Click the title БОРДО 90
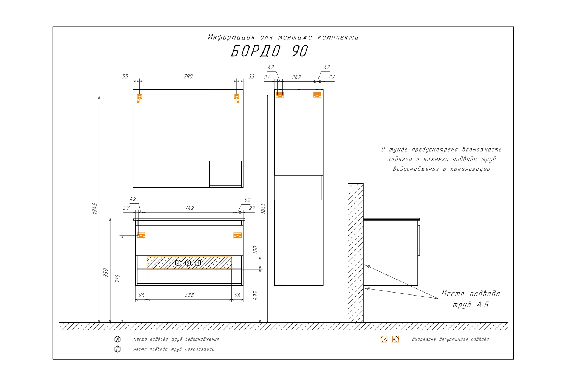(270, 51)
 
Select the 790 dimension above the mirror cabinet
(189, 76)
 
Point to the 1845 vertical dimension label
(95, 208)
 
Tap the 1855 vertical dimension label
(263, 208)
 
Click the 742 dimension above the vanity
(190, 208)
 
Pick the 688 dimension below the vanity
(189, 295)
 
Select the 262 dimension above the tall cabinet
(296, 77)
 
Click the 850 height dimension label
(106, 273)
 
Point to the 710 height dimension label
(117, 278)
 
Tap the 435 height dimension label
(255, 296)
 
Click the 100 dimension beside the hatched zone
(255, 249)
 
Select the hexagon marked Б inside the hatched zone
(188, 263)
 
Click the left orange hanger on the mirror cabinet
(139, 98)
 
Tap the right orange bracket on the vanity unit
(237, 235)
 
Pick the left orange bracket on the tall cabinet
(280, 95)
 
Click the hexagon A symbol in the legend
(117, 339)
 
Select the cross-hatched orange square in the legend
(396, 339)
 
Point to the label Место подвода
(471, 293)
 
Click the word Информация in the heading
(231, 37)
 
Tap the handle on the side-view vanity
(419, 240)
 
